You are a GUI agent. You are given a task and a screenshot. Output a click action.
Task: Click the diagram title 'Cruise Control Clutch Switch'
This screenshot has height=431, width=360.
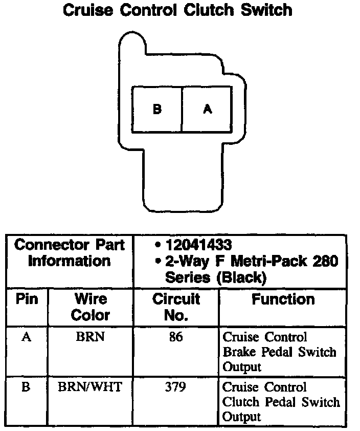177,10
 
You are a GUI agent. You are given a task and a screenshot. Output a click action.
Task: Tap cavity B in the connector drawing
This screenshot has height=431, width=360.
157,109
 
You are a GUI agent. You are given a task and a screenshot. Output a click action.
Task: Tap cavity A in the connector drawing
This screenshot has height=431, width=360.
207,109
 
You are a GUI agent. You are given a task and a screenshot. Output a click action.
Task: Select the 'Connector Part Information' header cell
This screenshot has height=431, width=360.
70,253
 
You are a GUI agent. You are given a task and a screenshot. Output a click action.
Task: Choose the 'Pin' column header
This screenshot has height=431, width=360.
27,299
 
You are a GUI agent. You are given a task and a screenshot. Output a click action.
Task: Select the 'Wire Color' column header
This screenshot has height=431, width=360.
91,307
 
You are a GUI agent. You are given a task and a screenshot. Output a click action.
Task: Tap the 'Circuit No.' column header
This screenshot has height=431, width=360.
176,307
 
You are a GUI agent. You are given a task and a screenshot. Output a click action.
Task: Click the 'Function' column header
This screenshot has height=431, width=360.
283,299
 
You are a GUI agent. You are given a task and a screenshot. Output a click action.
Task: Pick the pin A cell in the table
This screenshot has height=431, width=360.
27,338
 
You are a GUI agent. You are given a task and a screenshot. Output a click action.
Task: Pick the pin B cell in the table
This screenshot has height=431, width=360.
26,387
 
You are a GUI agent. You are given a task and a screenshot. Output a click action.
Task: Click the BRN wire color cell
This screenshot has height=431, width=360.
90,338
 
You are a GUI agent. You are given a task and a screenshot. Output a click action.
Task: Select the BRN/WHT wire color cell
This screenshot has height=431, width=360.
90,387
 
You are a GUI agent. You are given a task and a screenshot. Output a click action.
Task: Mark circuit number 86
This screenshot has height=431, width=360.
176,338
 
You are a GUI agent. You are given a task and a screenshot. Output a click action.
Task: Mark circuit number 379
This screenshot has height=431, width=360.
176,387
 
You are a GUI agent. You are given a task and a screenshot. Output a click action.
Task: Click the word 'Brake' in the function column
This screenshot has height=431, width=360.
238,352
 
